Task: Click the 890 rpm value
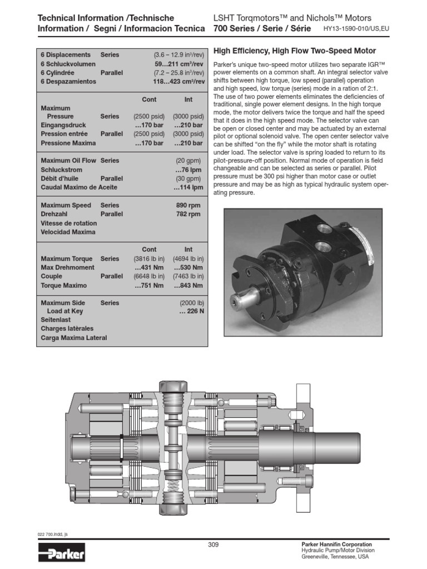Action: click(188, 205)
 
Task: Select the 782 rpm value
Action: click(188, 214)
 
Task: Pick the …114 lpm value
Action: click(187, 187)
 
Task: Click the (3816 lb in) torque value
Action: click(150, 258)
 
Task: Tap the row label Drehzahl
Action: click(54, 214)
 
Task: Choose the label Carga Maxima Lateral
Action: click(74, 338)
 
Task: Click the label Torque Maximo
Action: click(64, 285)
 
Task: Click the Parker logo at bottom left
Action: click(62, 553)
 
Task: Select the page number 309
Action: click(213, 545)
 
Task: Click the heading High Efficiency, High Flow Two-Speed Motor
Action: click(295, 51)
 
